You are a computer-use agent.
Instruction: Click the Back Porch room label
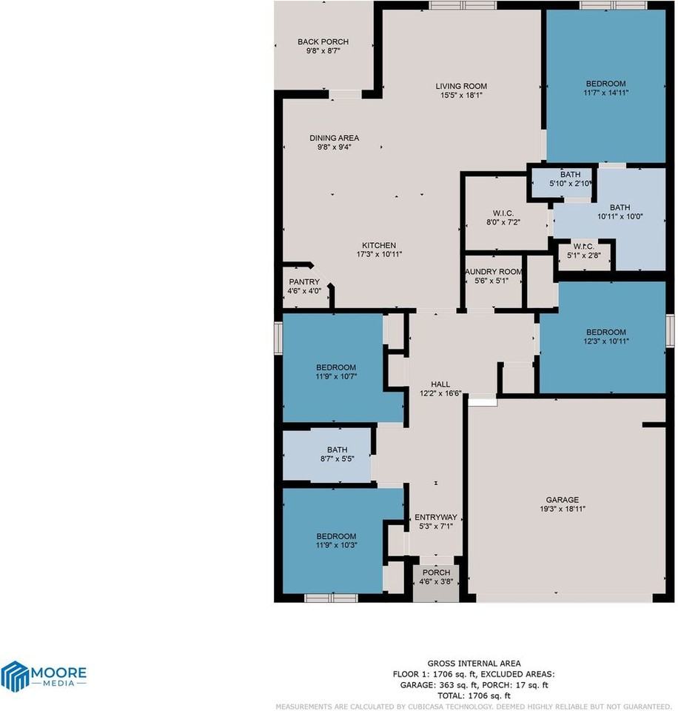tap(323, 42)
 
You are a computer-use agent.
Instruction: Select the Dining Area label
tap(334, 138)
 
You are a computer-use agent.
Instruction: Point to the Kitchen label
tap(378, 246)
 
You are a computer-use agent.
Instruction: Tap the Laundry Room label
tap(494, 272)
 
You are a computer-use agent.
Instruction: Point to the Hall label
tap(440, 384)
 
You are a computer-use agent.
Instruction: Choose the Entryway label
tap(435, 517)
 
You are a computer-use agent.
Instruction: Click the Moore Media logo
tap(44, 675)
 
